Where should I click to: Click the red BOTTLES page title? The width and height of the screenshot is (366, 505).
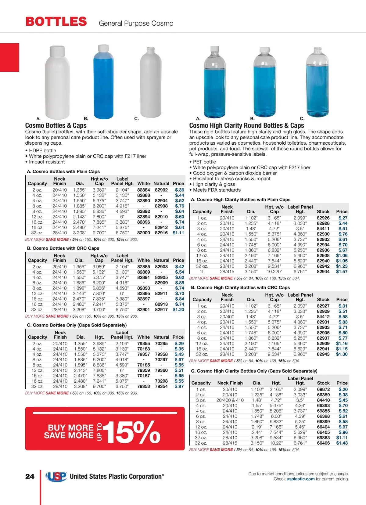coord(56,22)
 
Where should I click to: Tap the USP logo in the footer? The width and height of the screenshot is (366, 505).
coord(56,476)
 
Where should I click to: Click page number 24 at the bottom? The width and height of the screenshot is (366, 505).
coord(30,476)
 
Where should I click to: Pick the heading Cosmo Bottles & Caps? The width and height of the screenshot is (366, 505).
coord(56,125)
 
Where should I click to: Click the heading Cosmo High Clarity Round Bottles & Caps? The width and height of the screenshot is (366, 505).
coord(246,125)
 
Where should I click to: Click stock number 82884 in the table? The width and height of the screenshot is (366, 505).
coord(143,190)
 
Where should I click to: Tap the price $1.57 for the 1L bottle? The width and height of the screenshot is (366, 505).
coord(342,272)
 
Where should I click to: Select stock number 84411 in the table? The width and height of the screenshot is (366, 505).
coord(323,229)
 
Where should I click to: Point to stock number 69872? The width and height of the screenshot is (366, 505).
coord(323,389)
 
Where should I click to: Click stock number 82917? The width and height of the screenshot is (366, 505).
coord(161,309)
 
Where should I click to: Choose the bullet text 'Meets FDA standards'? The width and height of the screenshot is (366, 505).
coord(217,190)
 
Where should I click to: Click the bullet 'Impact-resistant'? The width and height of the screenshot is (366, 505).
coord(47,162)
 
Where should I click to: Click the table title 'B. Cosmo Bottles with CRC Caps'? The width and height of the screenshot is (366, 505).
coord(63,248)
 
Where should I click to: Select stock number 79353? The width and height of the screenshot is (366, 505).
coord(143,386)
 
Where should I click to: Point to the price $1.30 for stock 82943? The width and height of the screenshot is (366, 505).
coord(342,354)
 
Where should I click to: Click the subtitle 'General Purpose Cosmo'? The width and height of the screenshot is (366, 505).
coord(136,23)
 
